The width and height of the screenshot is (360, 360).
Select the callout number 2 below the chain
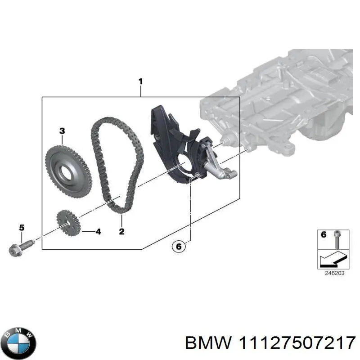(x=121, y=232)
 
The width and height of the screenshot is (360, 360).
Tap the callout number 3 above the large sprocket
(x=62, y=131)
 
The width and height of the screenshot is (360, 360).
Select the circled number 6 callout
(x=178, y=246)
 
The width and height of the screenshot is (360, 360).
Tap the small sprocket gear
(x=68, y=224)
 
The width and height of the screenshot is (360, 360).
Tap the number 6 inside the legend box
(x=323, y=234)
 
